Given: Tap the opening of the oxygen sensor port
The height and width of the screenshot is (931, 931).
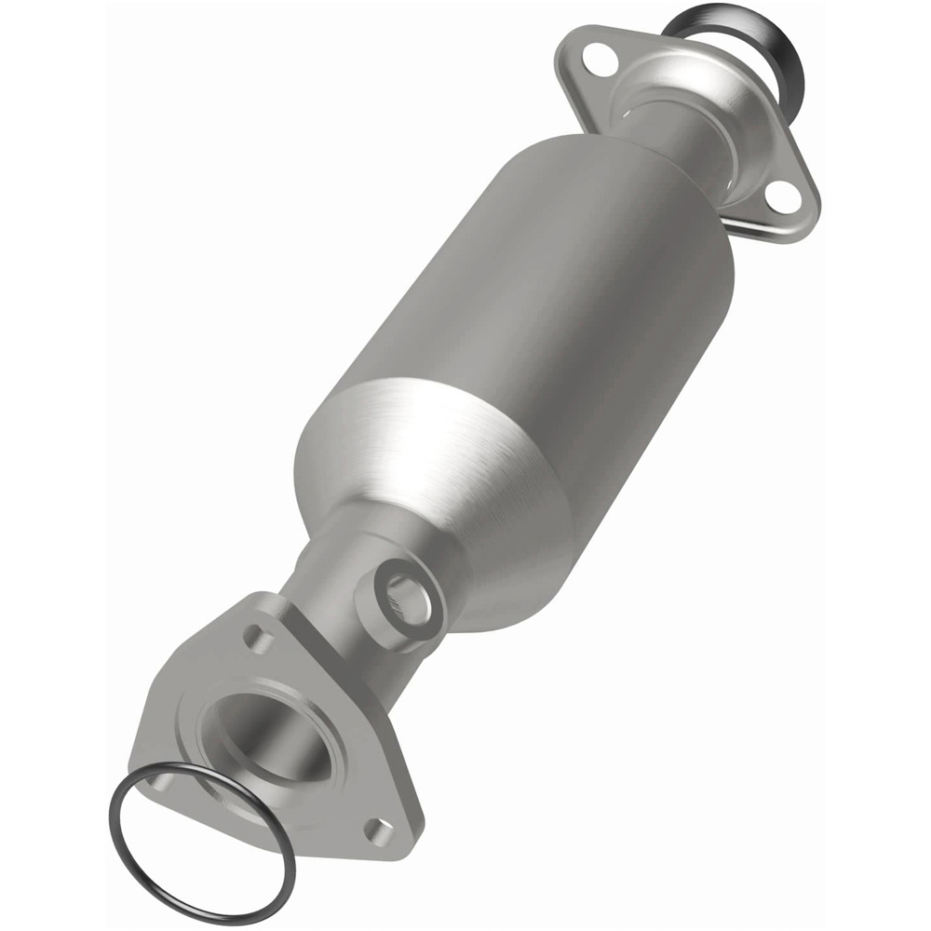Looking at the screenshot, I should coord(407,600).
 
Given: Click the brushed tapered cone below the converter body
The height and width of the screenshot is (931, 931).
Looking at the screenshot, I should coord(438,475).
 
